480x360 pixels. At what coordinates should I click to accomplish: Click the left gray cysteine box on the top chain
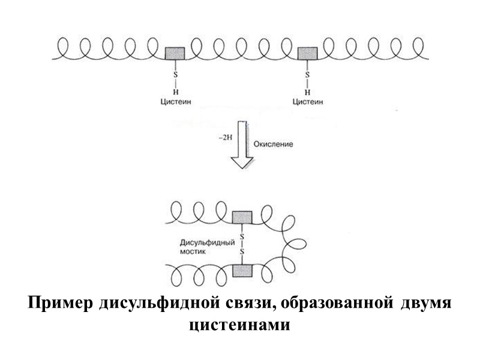click(x=175, y=53)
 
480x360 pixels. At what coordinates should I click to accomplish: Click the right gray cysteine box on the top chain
click(x=307, y=53)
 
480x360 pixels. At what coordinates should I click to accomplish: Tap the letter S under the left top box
click(x=175, y=75)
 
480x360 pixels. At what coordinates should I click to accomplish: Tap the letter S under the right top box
click(x=307, y=75)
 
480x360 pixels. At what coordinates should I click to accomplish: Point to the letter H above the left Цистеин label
click(x=175, y=92)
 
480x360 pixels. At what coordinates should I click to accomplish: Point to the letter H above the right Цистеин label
click(x=307, y=92)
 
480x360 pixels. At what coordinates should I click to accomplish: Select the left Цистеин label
click(x=175, y=102)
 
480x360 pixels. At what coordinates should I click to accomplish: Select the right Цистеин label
click(x=307, y=102)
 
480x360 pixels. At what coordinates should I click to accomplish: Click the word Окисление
click(x=273, y=145)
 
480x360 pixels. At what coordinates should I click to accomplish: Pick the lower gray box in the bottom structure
click(x=242, y=271)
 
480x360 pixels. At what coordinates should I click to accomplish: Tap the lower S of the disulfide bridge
click(x=242, y=253)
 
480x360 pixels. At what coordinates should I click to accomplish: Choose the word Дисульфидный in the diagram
click(x=204, y=243)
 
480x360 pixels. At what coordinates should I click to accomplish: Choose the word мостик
click(x=193, y=253)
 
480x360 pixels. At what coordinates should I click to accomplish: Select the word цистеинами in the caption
click(x=239, y=326)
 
